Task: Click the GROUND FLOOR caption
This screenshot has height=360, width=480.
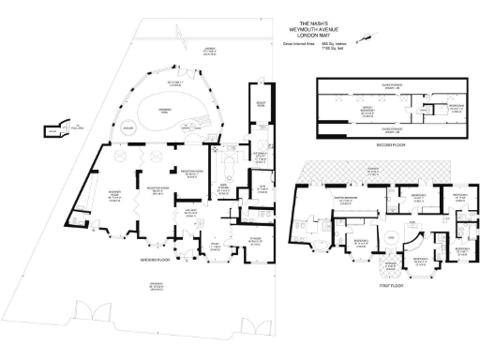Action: click(161, 260)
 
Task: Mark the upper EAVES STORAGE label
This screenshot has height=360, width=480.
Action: click(380, 86)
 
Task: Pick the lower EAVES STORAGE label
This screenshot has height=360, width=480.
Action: click(380, 129)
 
